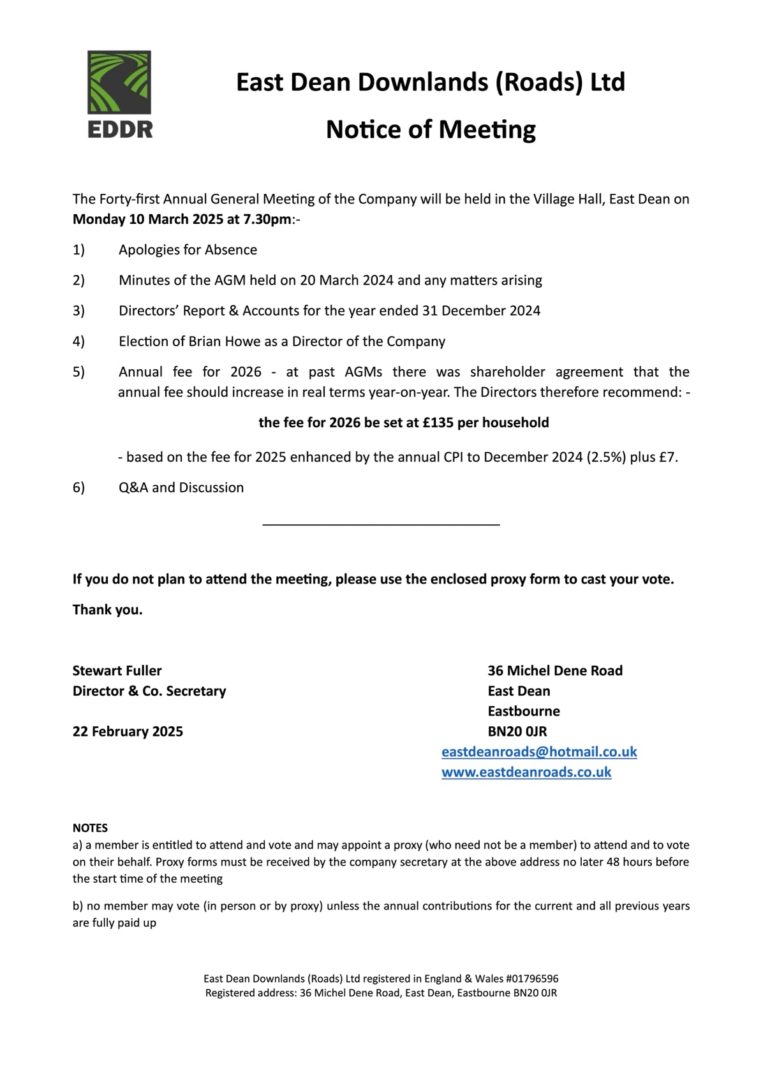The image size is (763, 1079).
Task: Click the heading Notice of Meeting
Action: tap(431, 129)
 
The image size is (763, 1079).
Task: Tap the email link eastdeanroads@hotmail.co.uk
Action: tap(539, 752)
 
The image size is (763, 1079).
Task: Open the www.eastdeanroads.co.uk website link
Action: tap(526, 772)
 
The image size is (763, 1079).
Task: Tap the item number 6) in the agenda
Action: tap(78, 488)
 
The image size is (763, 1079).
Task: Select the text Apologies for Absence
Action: tap(188, 250)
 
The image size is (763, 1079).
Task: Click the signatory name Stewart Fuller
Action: tap(117, 671)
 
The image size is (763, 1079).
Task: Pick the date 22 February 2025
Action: tap(128, 731)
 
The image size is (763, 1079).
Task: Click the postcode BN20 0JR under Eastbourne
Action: tap(517, 731)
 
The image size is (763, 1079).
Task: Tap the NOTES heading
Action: tap(90, 828)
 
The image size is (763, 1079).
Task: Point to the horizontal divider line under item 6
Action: tap(381, 525)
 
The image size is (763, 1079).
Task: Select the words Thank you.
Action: tap(107, 610)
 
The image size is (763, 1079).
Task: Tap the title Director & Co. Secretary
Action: tap(149, 691)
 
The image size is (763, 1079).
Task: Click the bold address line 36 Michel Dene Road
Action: tap(555, 671)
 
